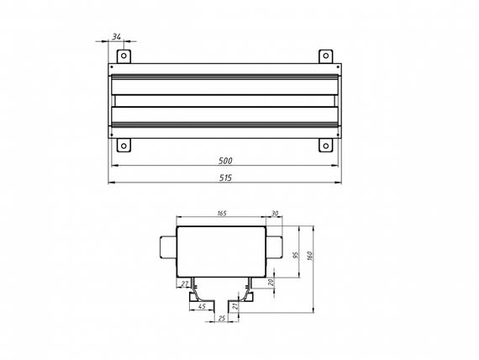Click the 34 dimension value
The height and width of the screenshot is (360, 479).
coord(117,37)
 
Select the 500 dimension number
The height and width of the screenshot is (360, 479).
coord(225,160)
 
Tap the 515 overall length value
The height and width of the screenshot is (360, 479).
coord(225,177)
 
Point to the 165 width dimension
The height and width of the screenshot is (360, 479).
coord(222,214)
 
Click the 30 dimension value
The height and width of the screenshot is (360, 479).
coord(275,214)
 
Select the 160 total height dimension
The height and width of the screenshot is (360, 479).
coord(310,256)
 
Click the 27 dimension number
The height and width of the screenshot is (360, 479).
coord(185,285)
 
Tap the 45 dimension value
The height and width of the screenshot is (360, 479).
coord(202,306)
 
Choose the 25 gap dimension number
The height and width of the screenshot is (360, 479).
coord(221,319)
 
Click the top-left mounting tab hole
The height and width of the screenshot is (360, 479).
coord(124,56)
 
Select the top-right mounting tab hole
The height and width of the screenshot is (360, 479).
coord(326,56)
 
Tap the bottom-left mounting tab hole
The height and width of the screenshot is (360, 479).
coord(124,146)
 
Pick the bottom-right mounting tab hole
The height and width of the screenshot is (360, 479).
coord(326,146)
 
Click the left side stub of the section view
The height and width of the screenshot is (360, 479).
coord(168,249)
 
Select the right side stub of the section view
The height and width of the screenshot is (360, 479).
coord(274,249)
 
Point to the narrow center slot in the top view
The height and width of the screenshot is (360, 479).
coord(225,100)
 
